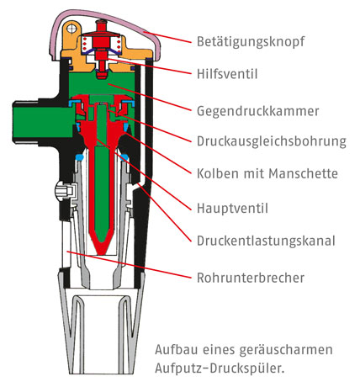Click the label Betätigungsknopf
click(251, 42)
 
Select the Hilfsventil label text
click(227, 74)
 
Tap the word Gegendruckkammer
click(257, 111)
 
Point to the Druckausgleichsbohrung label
click(272, 141)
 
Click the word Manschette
click(303, 173)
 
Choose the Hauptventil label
click(232, 209)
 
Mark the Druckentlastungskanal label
click(266, 241)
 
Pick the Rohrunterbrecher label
click(251, 278)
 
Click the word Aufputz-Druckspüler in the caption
click(220, 368)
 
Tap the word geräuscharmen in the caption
click(286, 350)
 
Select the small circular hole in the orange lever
click(71, 29)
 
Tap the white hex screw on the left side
click(64, 190)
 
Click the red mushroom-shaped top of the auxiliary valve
click(101, 23)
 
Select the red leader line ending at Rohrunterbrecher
click(129, 264)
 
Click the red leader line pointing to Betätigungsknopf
click(167, 37)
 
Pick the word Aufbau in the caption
click(177, 350)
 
